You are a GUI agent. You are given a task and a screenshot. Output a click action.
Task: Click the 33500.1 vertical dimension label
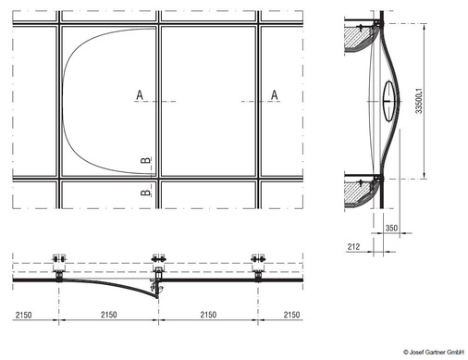click(x=419, y=101)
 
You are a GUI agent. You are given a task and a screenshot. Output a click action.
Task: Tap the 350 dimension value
click(x=391, y=228)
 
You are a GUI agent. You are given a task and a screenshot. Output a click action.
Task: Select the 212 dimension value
click(x=353, y=246)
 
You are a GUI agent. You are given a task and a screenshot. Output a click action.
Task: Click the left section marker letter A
click(x=140, y=95)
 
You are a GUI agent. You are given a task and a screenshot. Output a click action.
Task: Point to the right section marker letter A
click(x=275, y=95)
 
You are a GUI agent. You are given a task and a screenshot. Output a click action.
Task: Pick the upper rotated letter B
click(x=146, y=160)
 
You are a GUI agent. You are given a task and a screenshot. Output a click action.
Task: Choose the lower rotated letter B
click(x=146, y=192)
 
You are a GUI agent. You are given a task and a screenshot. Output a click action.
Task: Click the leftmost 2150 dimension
click(x=24, y=315)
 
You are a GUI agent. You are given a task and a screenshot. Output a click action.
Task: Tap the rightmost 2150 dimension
click(x=291, y=315)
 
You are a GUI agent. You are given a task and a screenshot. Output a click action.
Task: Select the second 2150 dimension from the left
click(x=109, y=315)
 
